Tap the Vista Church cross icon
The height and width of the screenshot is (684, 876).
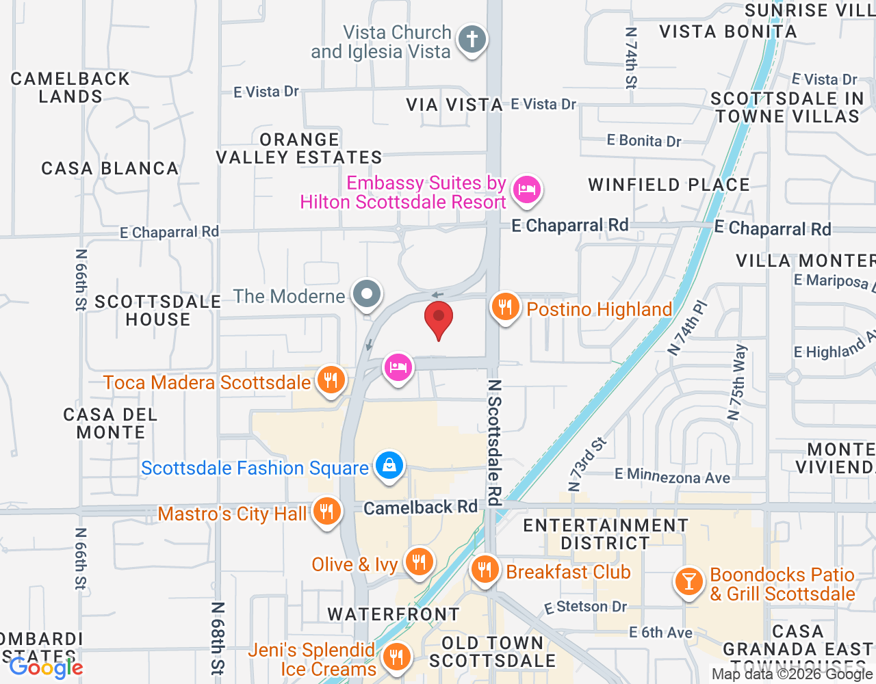[472, 39]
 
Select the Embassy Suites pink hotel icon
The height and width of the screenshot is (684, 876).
[526, 189]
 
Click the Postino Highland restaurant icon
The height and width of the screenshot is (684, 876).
[506, 307]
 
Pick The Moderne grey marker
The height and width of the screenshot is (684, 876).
[367, 295]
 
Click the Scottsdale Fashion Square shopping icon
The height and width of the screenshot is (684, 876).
[389, 466]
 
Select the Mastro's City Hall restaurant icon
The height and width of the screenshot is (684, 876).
[327, 512]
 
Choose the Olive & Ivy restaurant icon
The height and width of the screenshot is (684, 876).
[419, 562]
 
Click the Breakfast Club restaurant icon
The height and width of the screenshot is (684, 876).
[485, 569]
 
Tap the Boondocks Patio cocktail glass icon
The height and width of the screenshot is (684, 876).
[688, 581]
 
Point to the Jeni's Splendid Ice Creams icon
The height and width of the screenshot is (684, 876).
[396, 657]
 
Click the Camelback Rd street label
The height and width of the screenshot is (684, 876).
[420, 508]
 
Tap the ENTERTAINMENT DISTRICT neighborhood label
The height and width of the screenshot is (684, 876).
[606, 534]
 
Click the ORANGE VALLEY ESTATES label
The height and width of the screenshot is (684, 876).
[299, 148]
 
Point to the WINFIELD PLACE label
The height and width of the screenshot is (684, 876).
[669, 185]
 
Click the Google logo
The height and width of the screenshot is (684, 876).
[46, 668]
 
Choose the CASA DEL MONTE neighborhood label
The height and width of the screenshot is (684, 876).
[111, 423]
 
